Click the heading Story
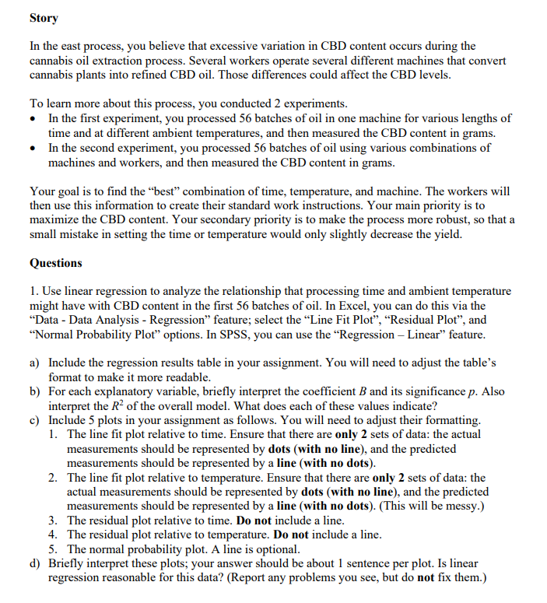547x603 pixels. (x=44, y=17)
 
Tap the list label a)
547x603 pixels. (x=35, y=363)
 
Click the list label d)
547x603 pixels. (x=36, y=563)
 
